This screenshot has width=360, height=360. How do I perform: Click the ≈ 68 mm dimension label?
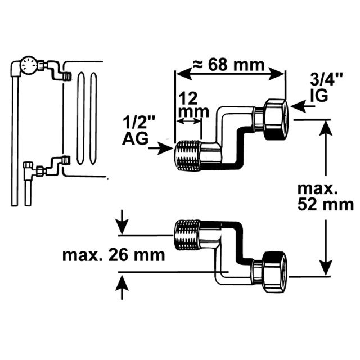coord(228,65)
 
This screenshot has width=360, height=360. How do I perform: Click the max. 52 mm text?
coord(326,197)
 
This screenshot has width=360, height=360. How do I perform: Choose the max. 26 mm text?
coord(114,255)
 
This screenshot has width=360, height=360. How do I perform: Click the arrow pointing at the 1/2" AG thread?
coord(161,148)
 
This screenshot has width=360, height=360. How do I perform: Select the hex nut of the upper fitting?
coord(276,119)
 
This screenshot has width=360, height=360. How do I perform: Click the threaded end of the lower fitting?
coord(187,235)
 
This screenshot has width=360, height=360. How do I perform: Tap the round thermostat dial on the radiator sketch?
coord(29,65)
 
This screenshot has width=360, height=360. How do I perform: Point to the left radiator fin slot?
coord(80,118)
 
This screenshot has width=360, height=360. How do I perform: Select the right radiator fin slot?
coord(93,118)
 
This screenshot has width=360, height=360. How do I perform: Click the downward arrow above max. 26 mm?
coord(122,222)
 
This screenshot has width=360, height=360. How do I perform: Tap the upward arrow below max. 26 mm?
coord(121,287)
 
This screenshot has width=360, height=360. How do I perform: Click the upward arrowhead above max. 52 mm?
coord(326,128)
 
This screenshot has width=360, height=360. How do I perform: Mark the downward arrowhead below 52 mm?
coord(326,267)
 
